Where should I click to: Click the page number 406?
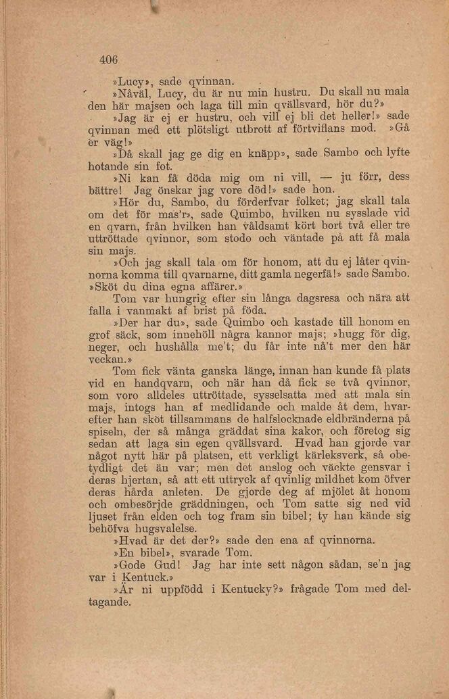[108, 59]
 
